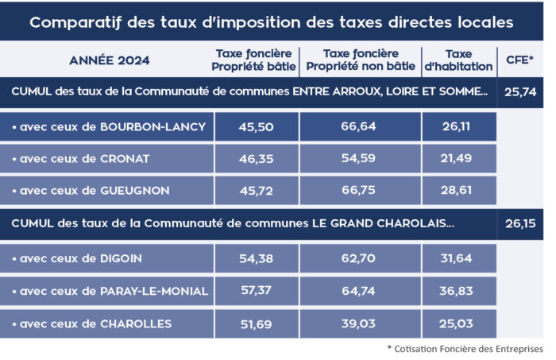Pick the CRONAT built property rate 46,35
click(x=256, y=158)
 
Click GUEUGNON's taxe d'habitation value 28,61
click(x=458, y=191)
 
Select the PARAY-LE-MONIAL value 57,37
click(x=256, y=291)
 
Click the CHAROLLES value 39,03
click(x=361, y=323)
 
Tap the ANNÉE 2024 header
click(x=109, y=60)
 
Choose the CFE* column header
click(x=521, y=60)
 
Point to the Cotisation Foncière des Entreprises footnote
click(x=465, y=349)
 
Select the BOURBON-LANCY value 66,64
click(x=361, y=126)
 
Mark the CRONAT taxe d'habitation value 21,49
click(x=458, y=158)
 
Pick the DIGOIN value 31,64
click(x=458, y=258)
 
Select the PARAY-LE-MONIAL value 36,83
click(x=458, y=291)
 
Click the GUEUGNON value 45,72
click(x=256, y=191)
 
